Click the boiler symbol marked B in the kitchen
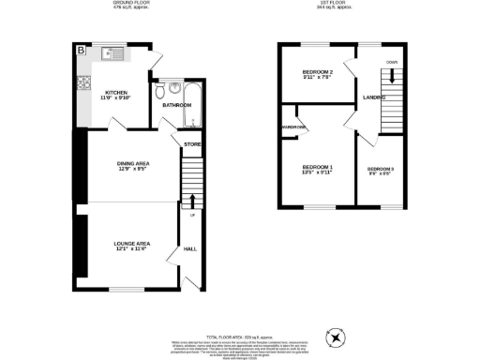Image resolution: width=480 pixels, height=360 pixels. coord(81,50)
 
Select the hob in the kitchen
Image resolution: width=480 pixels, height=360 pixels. coord(82,82)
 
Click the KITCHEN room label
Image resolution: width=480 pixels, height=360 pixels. coord(115,93)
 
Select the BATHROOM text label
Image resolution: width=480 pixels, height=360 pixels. coord(176,105)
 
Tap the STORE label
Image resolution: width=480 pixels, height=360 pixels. coord(191,144)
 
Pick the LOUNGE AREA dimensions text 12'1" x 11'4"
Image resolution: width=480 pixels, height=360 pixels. coord(132,248)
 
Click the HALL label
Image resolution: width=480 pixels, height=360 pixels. coord(189,248)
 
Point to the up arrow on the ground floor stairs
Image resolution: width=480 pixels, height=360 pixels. coord(191,200)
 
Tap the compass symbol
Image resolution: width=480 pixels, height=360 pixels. coord(334,337)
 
